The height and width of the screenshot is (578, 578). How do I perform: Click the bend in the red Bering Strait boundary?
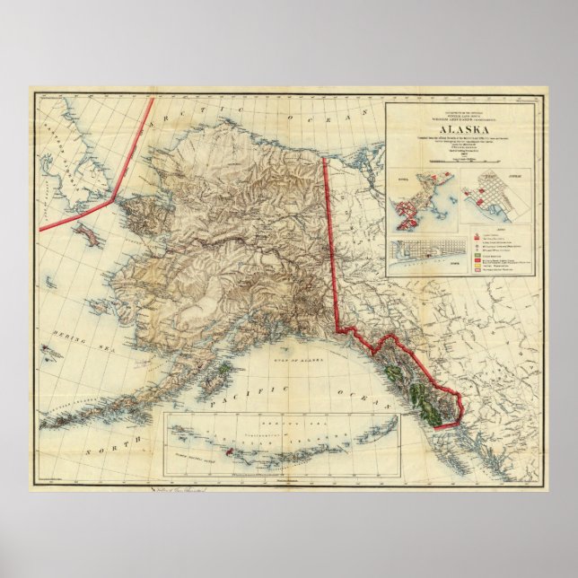coord(114,198)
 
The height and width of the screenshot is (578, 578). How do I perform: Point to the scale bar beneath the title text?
coord(458,159)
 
